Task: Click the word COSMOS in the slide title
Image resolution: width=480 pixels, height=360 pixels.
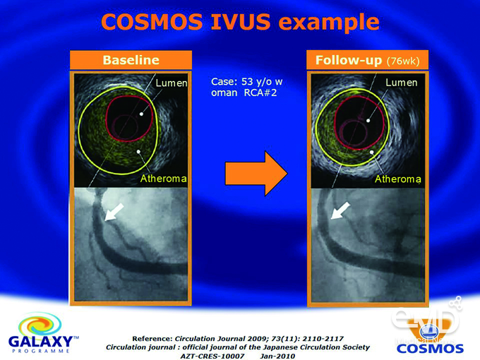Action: tap(152, 22)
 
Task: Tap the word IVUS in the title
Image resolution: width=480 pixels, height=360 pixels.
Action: tap(241, 22)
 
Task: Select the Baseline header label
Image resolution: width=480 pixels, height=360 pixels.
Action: tap(131, 60)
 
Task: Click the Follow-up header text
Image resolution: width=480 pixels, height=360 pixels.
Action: tap(349, 60)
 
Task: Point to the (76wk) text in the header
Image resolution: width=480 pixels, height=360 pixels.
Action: tap(403, 61)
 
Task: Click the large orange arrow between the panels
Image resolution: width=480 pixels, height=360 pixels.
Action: tap(256, 173)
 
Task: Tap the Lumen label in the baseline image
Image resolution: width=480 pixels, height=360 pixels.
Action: tap(172, 83)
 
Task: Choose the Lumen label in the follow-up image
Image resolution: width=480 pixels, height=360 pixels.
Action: tap(402, 83)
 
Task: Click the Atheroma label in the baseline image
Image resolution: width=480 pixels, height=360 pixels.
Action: tap(164, 179)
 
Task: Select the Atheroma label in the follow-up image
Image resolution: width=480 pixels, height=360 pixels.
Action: tap(398, 179)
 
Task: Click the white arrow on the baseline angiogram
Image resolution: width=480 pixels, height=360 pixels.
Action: tap(114, 212)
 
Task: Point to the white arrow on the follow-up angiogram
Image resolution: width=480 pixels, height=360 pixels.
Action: tap(340, 210)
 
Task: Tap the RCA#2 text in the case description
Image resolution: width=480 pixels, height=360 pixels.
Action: tap(260, 92)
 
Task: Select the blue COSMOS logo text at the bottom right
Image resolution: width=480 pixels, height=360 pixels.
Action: tap(430, 349)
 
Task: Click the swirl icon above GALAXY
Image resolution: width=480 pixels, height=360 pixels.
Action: tap(40, 325)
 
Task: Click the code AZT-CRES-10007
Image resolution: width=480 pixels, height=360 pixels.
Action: tap(212, 356)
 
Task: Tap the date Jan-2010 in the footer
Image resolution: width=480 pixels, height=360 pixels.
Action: tap(277, 356)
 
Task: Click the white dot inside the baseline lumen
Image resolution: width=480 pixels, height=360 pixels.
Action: tap(141, 114)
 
